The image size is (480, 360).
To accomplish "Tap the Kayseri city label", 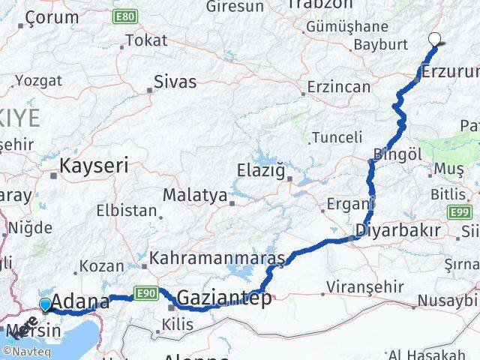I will click(x=94, y=165).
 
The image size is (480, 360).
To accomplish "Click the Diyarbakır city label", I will click(x=397, y=230).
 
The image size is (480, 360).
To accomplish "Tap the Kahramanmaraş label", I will click(x=217, y=259).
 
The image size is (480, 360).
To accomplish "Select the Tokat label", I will click(x=146, y=40).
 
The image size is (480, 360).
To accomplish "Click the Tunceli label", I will click(x=337, y=137).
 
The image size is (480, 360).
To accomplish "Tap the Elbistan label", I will click(x=127, y=211).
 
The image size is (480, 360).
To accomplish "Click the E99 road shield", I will click(x=460, y=213).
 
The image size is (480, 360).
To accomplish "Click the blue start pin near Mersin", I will click(x=45, y=304).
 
